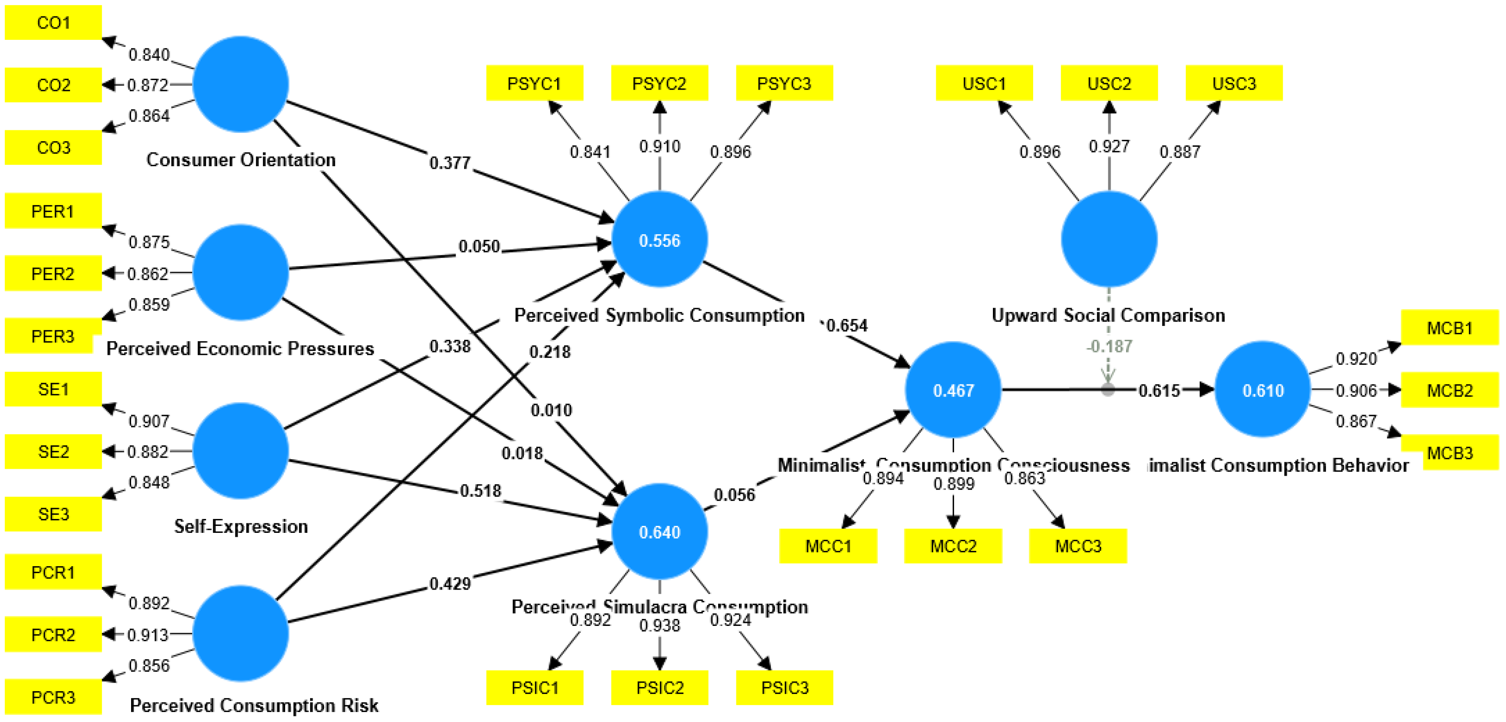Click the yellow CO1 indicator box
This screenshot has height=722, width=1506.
[x=53, y=23]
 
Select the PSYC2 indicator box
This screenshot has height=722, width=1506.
[x=659, y=83]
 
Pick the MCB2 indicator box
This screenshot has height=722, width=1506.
[x=1449, y=390]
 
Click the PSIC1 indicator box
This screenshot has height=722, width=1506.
[x=534, y=687]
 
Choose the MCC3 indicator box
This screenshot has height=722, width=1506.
[x=1077, y=546]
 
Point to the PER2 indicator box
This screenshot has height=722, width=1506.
[x=53, y=273]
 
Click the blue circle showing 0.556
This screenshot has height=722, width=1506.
[x=659, y=240]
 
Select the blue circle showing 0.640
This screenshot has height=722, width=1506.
[x=659, y=531]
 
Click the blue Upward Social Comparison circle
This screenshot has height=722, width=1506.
[x=1108, y=240]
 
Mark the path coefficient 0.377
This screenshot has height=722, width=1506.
[x=450, y=163]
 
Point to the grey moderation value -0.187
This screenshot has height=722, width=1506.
[x=1109, y=346]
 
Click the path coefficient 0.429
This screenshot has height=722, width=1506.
[x=450, y=583]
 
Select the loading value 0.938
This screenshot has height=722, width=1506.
[x=659, y=625]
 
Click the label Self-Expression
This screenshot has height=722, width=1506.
[x=241, y=526]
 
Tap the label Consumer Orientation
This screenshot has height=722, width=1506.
[x=241, y=159]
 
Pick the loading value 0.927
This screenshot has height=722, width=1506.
[x=1108, y=146]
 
